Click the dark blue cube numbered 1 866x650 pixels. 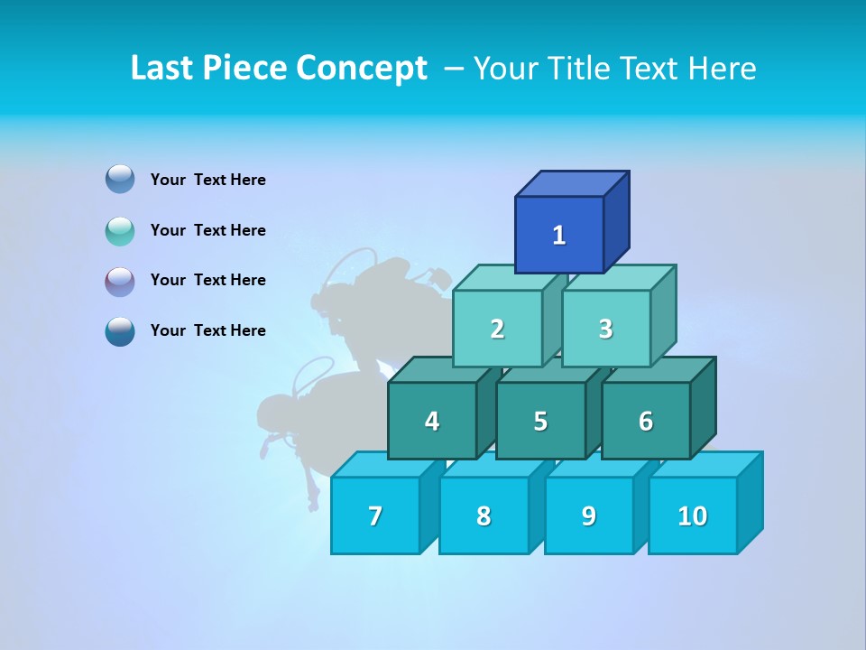tap(559, 235)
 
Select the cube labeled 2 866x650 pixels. tap(497, 329)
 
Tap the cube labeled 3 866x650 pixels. tap(605, 329)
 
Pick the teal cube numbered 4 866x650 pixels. tap(432, 421)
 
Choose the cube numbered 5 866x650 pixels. tap(540, 421)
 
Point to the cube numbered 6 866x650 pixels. tap(646, 421)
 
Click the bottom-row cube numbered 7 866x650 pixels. tap(375, 515)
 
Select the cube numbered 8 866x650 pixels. tap(484, 515)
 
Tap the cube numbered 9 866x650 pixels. tap(588, 515)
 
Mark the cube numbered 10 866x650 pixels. tap(692, 515)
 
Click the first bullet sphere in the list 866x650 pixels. tap(120, 179)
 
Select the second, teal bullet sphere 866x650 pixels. tap(120, 230)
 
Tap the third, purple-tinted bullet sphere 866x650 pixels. tap(120, 281)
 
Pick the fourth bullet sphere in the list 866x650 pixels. tap(120, 330)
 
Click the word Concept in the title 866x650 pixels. tap(362, 68)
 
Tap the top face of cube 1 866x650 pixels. tap(572, 184)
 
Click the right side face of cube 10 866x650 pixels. tap(751, 502)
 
